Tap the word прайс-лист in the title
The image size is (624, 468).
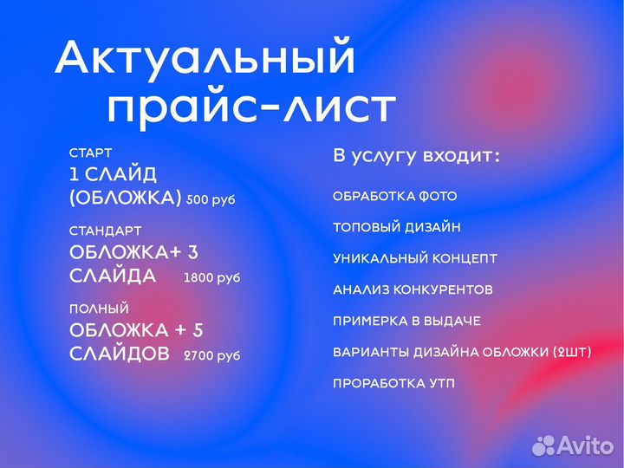pyautogui.click(x=250, y=109)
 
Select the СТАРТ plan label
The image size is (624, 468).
pyautogui.click(x=90, y=153)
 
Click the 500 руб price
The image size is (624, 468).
pyautogui.click(x=211, y=199)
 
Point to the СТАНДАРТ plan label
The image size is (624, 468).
pyautogui.click(x=105, y=231)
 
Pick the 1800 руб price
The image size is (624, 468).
pyautogui.click(x=211, y=278)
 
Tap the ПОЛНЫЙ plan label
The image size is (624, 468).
pyautogui.click(x=99, y=308)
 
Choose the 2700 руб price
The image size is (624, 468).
pyautogui.click(x=211, y=355)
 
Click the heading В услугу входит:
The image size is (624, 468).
pyautogui.click(x=416, y=157)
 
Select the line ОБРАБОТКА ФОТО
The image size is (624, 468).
pyautogui.click(x=394, y=197)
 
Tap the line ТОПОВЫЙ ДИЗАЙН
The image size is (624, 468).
pyautogui.click(x=396, y=228)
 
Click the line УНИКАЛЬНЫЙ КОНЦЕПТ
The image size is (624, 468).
pyautogui.click(x=415, y=258)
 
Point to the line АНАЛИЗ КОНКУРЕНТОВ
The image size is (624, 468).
pyautogui.click(x=413, y=289)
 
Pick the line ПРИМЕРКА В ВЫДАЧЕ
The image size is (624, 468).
pyautogui.click(x=406, y=321)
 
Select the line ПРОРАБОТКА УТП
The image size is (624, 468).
pyautogui.click(x=393, y=383)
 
